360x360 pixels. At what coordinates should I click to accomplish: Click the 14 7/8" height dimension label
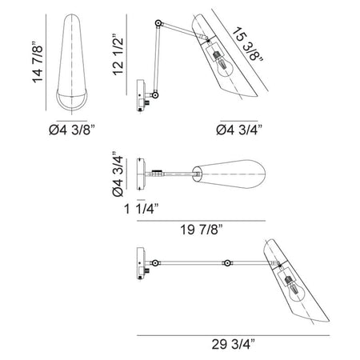[x=37, y=62]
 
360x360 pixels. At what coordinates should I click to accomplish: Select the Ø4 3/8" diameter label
[x=72, y=130]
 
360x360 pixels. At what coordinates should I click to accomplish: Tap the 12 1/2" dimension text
[x=118, y=54]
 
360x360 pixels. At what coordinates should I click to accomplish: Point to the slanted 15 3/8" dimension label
[x=247, y=45]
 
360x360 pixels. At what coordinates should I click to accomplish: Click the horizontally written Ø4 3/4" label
[x=239, y=130]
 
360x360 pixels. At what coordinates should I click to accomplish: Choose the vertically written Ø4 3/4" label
[x=118, y=174]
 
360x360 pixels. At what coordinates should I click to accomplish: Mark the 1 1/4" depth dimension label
[x=142, y=209]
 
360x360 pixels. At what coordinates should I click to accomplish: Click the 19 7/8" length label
[x=202, y=230]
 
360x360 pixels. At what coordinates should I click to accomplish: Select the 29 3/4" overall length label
[x=234, y=344]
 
